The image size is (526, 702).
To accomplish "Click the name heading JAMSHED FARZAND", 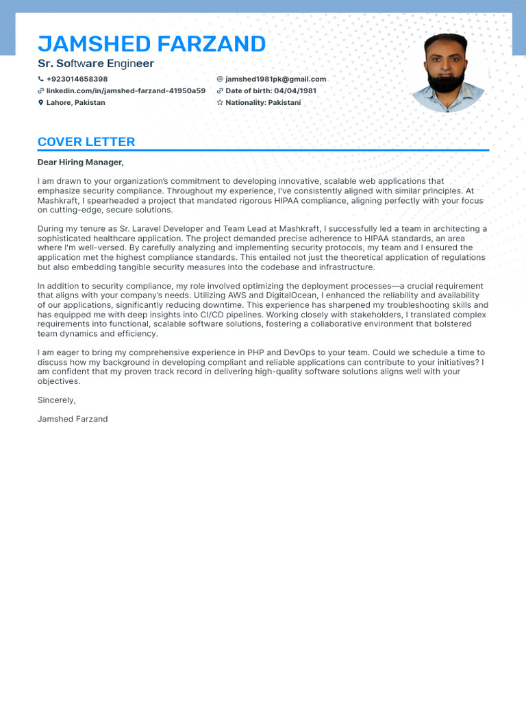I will pyautogui.click(x=151, y=44).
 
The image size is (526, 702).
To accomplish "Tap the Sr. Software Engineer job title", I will pyautogui.click(x=96, y=64).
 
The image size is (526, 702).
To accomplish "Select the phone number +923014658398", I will pyautogui.click(x=77, y=79).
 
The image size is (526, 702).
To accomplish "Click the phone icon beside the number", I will pyautogui.click(x=40, y=79).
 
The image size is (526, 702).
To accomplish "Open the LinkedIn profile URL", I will pyautogui.click(x=125, y=90).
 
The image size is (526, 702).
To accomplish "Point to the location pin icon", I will pyautogui.click(x=40, y=103).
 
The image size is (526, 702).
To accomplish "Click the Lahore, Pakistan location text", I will pyautogui.click(x=75, y=102).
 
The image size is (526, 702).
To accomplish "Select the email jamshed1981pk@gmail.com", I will pyautogui.click(x=275, y=79).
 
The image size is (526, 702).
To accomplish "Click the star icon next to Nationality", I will pyautogui.click(x=220, y=103).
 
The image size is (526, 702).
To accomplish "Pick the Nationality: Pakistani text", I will pyautogui.click(x=263, y=102).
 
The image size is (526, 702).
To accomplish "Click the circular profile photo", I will pyautogui.click(x=446, y=73).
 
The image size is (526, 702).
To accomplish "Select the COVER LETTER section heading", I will pyautogui.click(x=86, y=142).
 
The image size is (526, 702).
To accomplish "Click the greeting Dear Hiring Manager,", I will pyautogui.click(x=81, y=162).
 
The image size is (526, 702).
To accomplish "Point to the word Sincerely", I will pyautogui.click(x=56, y=400).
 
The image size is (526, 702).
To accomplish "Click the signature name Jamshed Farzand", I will pyautogui.click(x=73, y=418).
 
